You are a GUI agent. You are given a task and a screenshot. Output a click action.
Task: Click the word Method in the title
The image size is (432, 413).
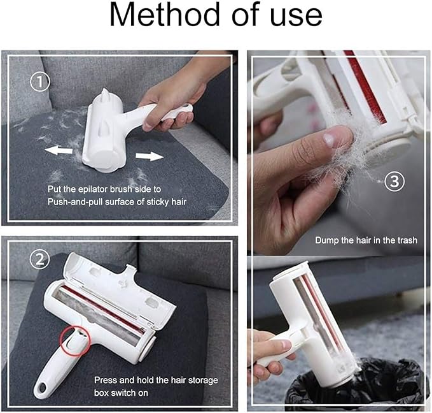(165, 15)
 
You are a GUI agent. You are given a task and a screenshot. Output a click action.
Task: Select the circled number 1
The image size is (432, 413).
(40, 82)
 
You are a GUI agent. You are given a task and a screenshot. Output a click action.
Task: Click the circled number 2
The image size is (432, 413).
(40, 259)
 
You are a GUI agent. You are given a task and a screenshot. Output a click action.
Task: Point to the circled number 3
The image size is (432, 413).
(395, 182)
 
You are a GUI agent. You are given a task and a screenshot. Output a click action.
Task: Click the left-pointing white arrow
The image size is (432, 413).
(59, 150)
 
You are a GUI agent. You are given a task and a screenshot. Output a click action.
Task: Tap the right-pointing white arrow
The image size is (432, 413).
(150, 156)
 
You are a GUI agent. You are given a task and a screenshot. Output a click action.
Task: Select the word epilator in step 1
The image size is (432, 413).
(93, 189)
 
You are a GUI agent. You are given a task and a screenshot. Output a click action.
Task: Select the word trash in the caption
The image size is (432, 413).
(407, 240)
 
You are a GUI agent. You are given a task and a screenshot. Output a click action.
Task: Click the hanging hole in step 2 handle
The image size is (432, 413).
(42, 388)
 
